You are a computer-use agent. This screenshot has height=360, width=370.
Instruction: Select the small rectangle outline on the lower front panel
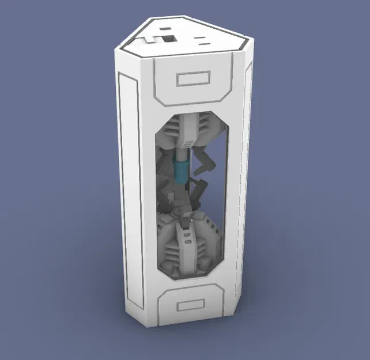click(191, 307)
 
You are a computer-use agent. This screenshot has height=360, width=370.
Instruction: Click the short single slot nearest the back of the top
click(165, 26)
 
